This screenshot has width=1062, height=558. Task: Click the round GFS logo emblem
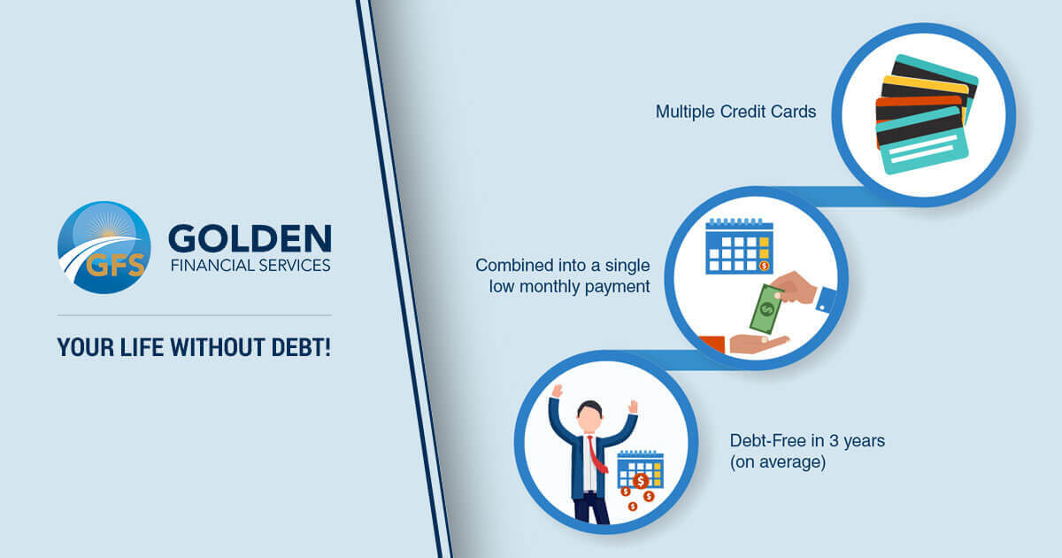[104, 248]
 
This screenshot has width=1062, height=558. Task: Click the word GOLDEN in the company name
[250, 238]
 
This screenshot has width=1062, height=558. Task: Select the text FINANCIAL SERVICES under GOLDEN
[250, 265]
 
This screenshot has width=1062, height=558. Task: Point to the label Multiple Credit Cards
[735, 112]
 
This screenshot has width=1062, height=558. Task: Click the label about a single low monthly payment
[562, 275]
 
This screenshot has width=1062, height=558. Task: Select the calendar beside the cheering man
[640, 469]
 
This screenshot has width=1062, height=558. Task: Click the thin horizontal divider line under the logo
[194, 314]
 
